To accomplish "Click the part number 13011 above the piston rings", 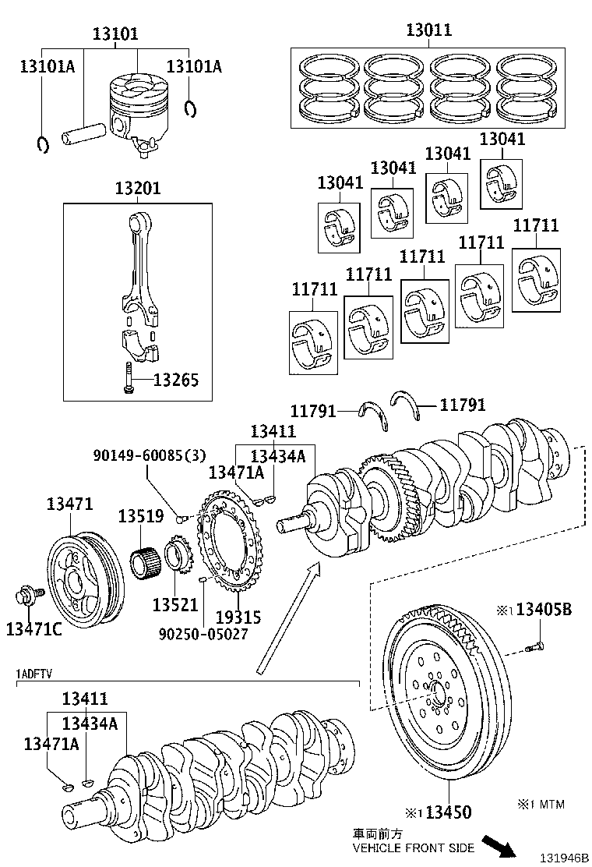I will [428, 31].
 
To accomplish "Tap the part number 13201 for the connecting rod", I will [138, 189].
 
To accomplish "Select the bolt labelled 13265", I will [127, 379].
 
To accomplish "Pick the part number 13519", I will [141, 516].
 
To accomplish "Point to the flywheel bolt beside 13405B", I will [534, 646].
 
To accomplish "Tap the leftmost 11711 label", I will [315, 289].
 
